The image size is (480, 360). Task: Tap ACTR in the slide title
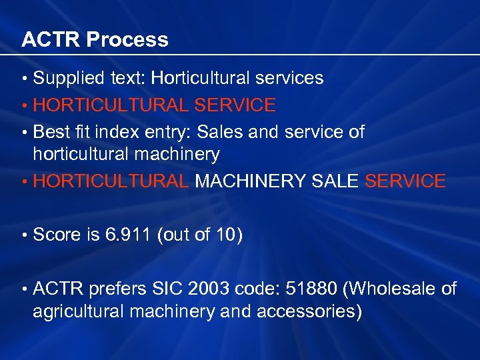pos(51,40)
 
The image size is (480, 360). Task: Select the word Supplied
pos(66,79)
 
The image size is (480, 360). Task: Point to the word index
pos(121,132)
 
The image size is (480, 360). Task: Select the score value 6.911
pos(128,235)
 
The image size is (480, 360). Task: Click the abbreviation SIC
pos(168,289)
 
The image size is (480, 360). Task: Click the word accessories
pos(313,311)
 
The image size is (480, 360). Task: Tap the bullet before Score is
pos(25,235)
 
